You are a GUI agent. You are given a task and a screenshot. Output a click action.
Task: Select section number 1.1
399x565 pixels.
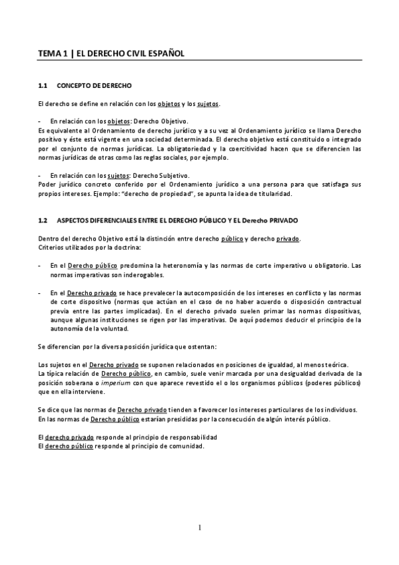pyautogui.click(x=43, y=87)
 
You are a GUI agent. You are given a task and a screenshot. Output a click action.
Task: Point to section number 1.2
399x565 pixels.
pyautogui.click(x=43, y=220)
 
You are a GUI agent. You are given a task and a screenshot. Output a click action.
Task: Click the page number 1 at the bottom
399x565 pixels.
pyautogui.click(x=199, y=528)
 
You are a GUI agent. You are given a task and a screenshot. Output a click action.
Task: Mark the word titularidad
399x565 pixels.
pyautogui.click(x=283, y=193)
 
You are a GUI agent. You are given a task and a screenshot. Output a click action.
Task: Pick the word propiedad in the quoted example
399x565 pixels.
pyautogui.click(x=179, y=193)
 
